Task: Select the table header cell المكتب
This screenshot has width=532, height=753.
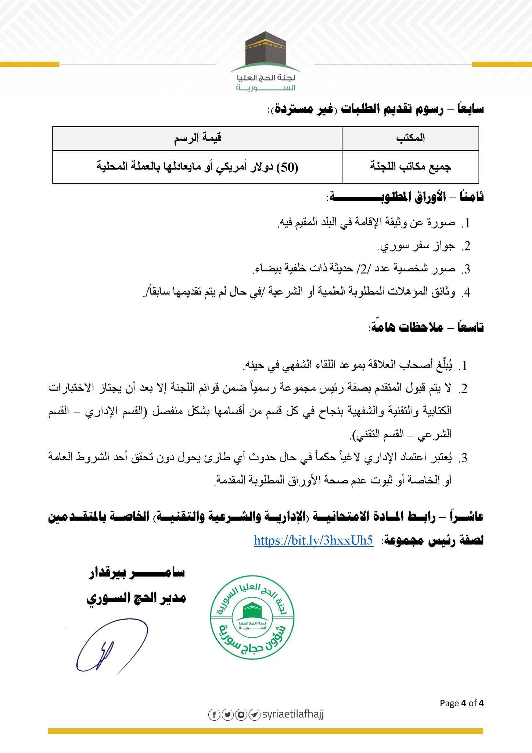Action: [410, 138]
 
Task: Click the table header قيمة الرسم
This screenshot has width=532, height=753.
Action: [197, 138]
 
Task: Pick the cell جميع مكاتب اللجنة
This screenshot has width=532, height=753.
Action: [410, 167]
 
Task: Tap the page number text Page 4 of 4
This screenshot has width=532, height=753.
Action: [462, 703]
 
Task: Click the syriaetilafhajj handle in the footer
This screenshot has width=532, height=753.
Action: [292, 714]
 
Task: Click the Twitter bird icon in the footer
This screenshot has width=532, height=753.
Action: [227, 714]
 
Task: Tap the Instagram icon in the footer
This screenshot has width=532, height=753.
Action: [241, 714]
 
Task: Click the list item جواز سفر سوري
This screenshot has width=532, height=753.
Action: [416, 246]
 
